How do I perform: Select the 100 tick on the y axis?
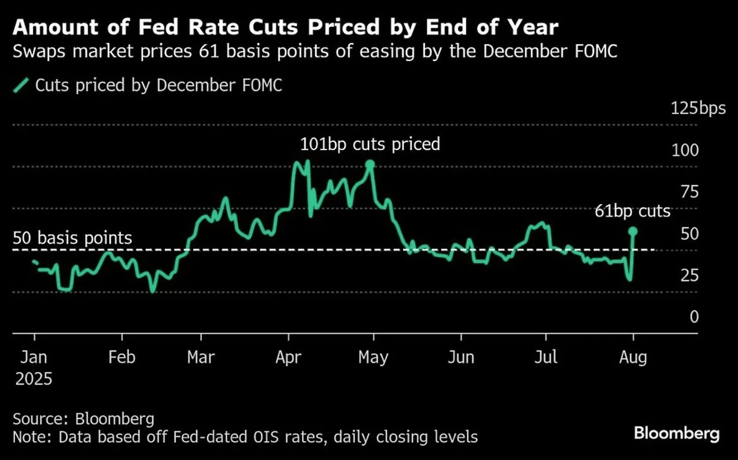685,150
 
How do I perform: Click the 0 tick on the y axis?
693,316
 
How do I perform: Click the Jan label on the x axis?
34,357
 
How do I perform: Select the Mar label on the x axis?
201,357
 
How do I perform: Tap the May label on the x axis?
373,357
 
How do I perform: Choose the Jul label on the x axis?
545,357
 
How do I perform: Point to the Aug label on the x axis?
633,357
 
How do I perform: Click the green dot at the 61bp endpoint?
632,231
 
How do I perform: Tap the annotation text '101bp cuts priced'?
370,144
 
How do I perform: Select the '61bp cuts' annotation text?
632,211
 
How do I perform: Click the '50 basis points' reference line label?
73,238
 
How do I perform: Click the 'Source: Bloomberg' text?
84,418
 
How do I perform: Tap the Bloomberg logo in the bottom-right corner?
677,433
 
